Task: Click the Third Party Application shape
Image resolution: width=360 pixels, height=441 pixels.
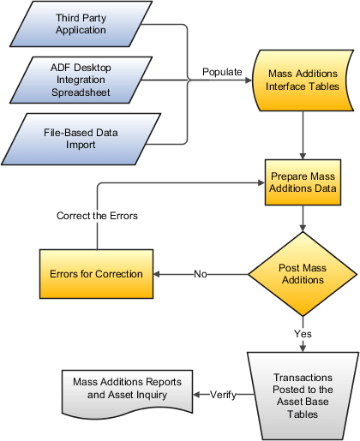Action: (x=81, y=23)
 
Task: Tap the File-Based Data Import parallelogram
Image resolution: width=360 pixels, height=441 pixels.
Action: (x=81, y=139)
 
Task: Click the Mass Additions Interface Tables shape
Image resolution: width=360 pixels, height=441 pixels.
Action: (x=302, y=79)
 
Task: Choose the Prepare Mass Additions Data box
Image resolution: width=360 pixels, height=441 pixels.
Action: (x=303, y=182)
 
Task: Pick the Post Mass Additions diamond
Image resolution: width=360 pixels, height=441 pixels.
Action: (x=303, y=274)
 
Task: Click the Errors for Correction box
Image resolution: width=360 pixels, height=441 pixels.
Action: (x=96, y=274)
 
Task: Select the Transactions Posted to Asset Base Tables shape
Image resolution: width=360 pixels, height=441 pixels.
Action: (x=302, y=394)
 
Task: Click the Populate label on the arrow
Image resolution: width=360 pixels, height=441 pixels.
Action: (x=222, y=72)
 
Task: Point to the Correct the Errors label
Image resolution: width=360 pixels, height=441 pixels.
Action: (x=97, y=216)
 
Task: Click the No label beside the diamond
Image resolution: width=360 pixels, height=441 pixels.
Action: (x=201, y=274)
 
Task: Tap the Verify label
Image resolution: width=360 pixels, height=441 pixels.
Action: (x=223, y=394)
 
